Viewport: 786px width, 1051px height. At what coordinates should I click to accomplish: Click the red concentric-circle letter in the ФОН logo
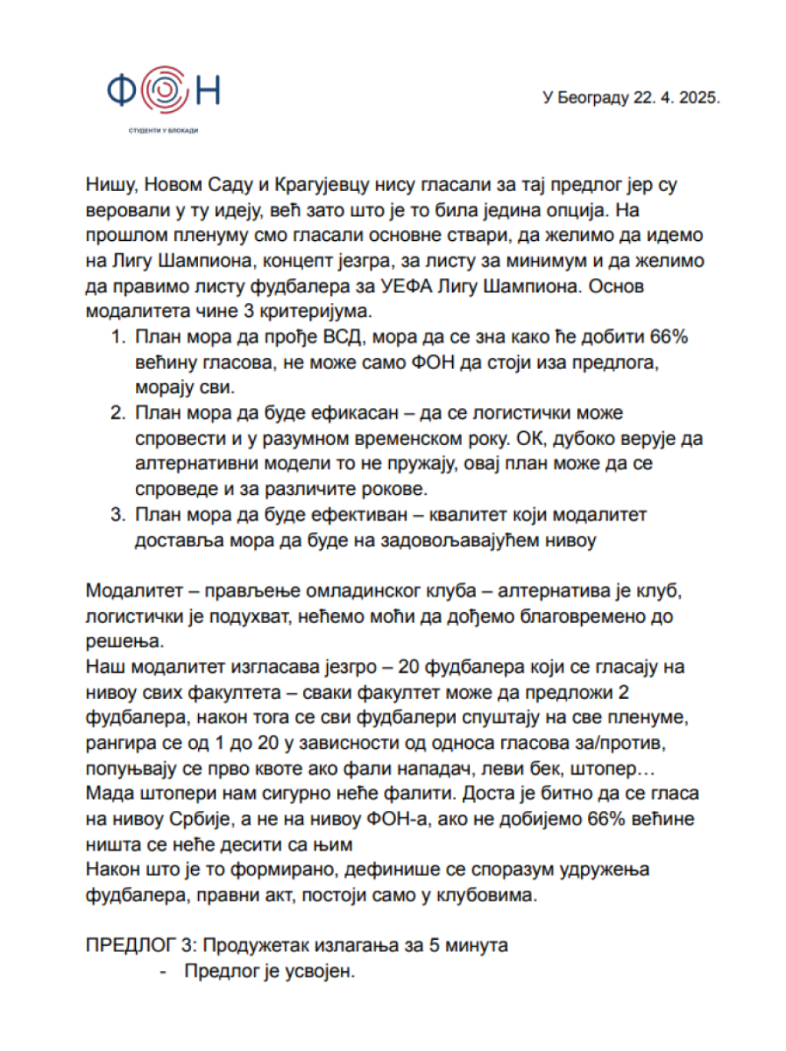click(x=163, y=89)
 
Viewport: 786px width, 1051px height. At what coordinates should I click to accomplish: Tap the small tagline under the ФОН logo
click(x=163, y=131)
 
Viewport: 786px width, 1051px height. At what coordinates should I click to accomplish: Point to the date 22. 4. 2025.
click(x=676, y=98)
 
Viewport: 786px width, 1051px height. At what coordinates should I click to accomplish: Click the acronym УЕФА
click(x=408, y=286)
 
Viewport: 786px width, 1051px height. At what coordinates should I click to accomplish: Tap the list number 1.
click(x=117, y=337)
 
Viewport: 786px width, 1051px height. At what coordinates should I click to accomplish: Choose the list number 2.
click(x=117, y=413)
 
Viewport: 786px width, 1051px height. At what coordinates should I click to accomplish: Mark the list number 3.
click(x=117, y=515)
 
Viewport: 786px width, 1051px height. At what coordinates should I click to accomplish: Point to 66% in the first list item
click(x=669, y=337)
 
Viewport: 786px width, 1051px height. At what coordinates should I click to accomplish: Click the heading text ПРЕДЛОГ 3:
click(x=141, y=945)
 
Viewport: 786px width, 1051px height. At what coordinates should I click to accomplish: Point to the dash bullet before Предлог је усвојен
click(x=163, y=971)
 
